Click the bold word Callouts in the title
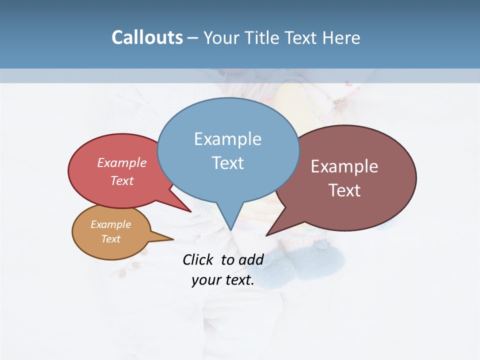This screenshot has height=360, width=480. [x=147, y=37]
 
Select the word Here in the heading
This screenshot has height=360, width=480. [x=341, y=37]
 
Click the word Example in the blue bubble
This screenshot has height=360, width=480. [x=227, y=139]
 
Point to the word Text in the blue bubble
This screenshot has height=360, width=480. [x=227, y=163]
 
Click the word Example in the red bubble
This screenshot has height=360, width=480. [x=121, y=162]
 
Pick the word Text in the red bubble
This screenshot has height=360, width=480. [x=121, y=180]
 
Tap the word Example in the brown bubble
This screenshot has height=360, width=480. [x=344, y=166]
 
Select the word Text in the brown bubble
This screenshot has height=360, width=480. [x=344, y=190]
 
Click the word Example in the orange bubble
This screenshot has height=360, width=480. [x=110, y=224]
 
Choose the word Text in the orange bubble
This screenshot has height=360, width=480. [x=110, y=239]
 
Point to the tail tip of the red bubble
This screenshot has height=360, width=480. [x=190, y=211]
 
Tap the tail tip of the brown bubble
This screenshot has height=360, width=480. [x=266, y=235]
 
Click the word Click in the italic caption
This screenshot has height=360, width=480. [x=199, y=259]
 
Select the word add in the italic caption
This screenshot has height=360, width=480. [x=251, y=259]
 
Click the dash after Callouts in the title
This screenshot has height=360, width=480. [x=193, y=38]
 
